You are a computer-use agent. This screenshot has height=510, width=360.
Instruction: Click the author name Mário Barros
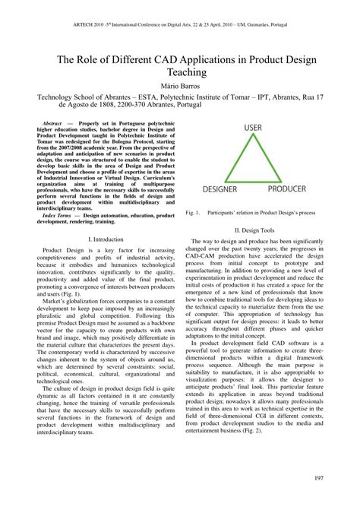[179, 84]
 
